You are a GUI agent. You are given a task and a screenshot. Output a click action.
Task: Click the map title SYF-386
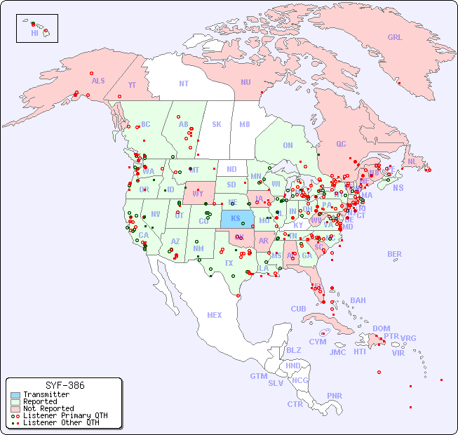[65, 385]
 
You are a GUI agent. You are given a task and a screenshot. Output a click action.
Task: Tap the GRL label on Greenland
[395, 37]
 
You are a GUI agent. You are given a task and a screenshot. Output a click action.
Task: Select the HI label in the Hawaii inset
[34, 32]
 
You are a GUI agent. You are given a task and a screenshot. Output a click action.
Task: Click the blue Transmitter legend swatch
[15, 395]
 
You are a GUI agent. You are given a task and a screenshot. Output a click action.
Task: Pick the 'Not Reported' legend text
[48, 408]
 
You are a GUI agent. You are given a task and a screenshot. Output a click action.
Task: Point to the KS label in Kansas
[236, 217]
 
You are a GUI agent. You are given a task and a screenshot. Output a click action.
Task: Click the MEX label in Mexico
[215, 315]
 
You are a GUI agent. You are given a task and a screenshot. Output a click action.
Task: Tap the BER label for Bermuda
[395, 254]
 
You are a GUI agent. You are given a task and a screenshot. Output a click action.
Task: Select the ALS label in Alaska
[98, 81]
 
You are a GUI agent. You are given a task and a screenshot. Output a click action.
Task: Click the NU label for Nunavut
[245, 82]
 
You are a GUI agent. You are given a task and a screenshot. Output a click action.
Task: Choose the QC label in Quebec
[341, 144]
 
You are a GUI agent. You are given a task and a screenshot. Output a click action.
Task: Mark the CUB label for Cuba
[299, 309]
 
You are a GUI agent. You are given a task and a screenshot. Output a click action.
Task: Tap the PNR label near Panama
[335, 396]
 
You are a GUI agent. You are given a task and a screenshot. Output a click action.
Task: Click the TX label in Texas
[229, 263]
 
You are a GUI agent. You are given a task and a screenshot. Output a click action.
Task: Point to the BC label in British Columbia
[146, 124]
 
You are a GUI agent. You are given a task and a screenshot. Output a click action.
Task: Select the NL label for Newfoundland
[412, 161]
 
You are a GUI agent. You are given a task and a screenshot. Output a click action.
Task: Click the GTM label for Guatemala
[259, 376]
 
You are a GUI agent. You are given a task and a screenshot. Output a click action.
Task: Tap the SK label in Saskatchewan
[217, 124]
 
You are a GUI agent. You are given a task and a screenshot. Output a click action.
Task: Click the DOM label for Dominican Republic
[381, 328]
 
